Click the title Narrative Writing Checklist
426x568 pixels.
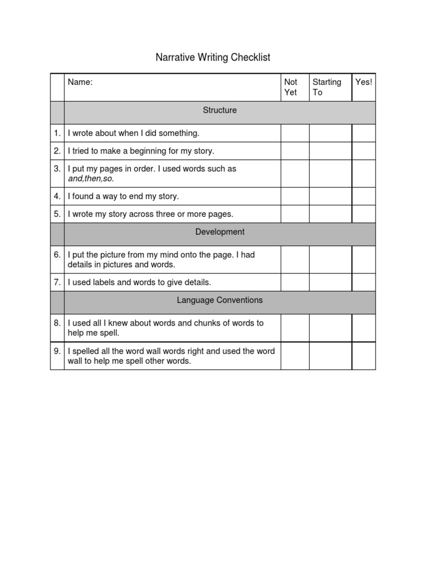[x=212, y=57]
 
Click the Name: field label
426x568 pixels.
[x=80, y=82]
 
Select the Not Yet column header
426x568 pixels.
[x=291, y=87]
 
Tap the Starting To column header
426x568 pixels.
[x=327, y=87]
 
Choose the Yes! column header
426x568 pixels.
[x=364, y=82]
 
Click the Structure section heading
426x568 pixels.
[x=220, y=110]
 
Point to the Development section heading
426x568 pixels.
[x=220, y=232]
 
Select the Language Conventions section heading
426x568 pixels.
[x=220, y=300]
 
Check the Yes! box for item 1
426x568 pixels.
[x=363, y=133]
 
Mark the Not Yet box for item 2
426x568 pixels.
[x=295, y=151]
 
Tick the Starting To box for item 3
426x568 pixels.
[x=330, y=174]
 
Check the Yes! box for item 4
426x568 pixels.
[x=363, y=196]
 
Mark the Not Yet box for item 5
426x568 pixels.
[x=295, y=214]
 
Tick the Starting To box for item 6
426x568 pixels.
[x=330, y=260]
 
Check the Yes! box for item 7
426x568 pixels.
[x=363, y=282]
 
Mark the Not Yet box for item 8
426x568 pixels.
[x=295, y=328]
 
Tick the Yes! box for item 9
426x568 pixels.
[x=363, y=356]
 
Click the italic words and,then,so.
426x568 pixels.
[x=90, y=179]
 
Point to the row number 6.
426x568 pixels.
[x=57, y=255]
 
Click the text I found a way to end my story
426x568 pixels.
[x=123, y=196]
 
